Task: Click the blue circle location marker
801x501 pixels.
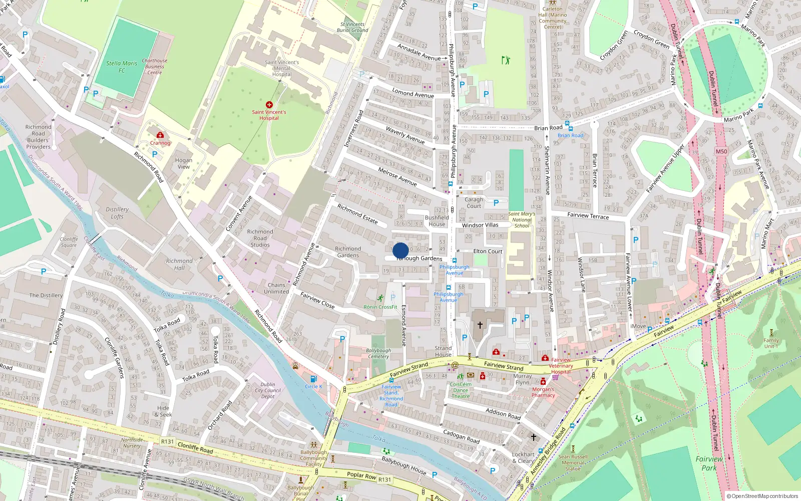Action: coord(400,250)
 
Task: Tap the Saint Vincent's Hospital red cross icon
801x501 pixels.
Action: coord(269,105)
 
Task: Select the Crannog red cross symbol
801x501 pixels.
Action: coord(160,135)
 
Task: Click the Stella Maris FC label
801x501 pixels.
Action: coord(122,67)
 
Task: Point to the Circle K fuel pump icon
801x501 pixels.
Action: coord(313,379)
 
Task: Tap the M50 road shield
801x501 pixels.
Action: coord(721,151)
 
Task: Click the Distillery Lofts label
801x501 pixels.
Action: coord(117,213)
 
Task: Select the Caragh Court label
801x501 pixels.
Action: coord(474,203)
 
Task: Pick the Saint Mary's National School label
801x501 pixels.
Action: coord(522,219)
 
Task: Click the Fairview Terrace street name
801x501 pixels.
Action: coord(588,216)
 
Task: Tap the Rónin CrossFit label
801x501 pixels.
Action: coord(380,307)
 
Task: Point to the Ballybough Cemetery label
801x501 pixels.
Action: coord(378,354)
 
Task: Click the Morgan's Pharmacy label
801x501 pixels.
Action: coord(543,392)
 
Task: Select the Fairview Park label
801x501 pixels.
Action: coord(709,463)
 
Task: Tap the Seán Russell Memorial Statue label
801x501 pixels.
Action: coord(573,462)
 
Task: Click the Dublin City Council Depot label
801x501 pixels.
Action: coord(268,390)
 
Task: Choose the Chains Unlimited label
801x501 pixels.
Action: coord(276,288)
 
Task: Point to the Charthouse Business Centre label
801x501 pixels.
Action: coord(155,67)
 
